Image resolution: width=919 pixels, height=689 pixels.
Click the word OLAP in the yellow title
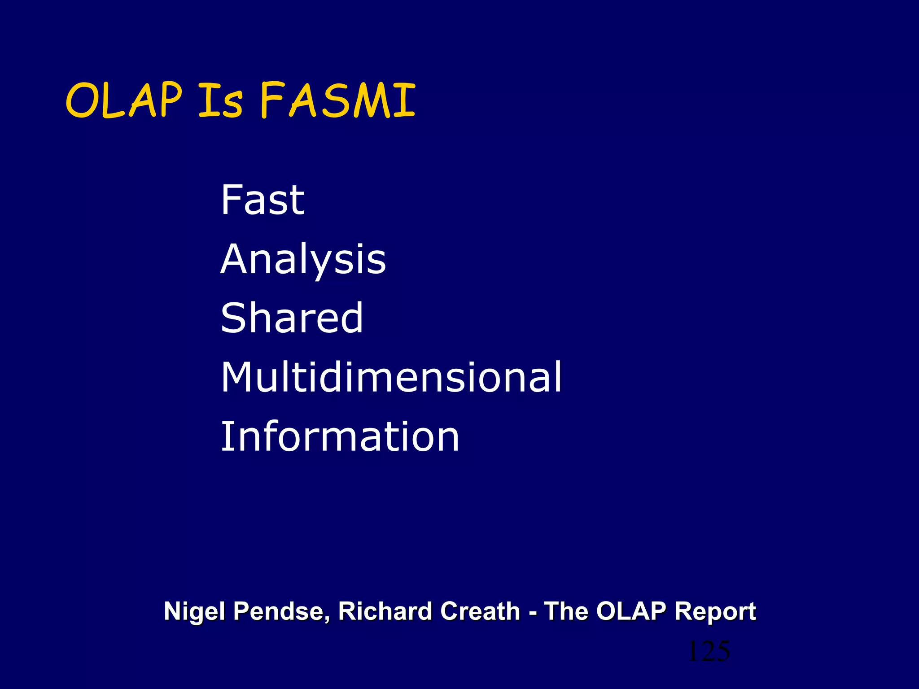(x=124, y=101)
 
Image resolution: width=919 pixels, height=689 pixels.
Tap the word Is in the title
(x=220, y=101)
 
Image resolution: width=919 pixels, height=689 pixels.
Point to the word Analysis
(x=303, y=260)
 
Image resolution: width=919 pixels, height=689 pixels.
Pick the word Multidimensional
(x=391, y=377)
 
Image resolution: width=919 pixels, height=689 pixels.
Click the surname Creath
(x=480, y=611)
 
